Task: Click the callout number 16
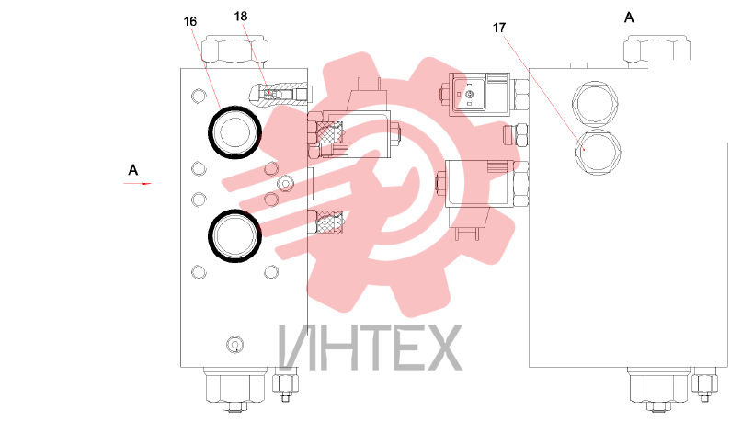[x=189, y=22]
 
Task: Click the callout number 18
[x=240, y=17]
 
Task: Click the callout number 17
[x=499, y=28]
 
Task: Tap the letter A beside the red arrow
[x=133, y=170]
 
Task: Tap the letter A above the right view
[x=629, y=17]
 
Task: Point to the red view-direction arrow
[x=137, y=183]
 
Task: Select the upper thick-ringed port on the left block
[x=234, y=132]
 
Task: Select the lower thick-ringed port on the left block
[x=234, y=236]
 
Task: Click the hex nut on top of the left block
[x=235, y=49]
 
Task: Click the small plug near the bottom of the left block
[x=234, y=345]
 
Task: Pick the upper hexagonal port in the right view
[x=596, y=104]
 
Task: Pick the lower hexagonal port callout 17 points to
[x=598, y=153]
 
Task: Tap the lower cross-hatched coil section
[x=329, y=222]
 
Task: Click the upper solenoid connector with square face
[x=479, y=95]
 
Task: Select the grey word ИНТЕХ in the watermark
[x=370, y=348]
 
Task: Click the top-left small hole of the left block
[x=199, y=96]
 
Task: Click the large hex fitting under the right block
[x=657, y=387]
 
